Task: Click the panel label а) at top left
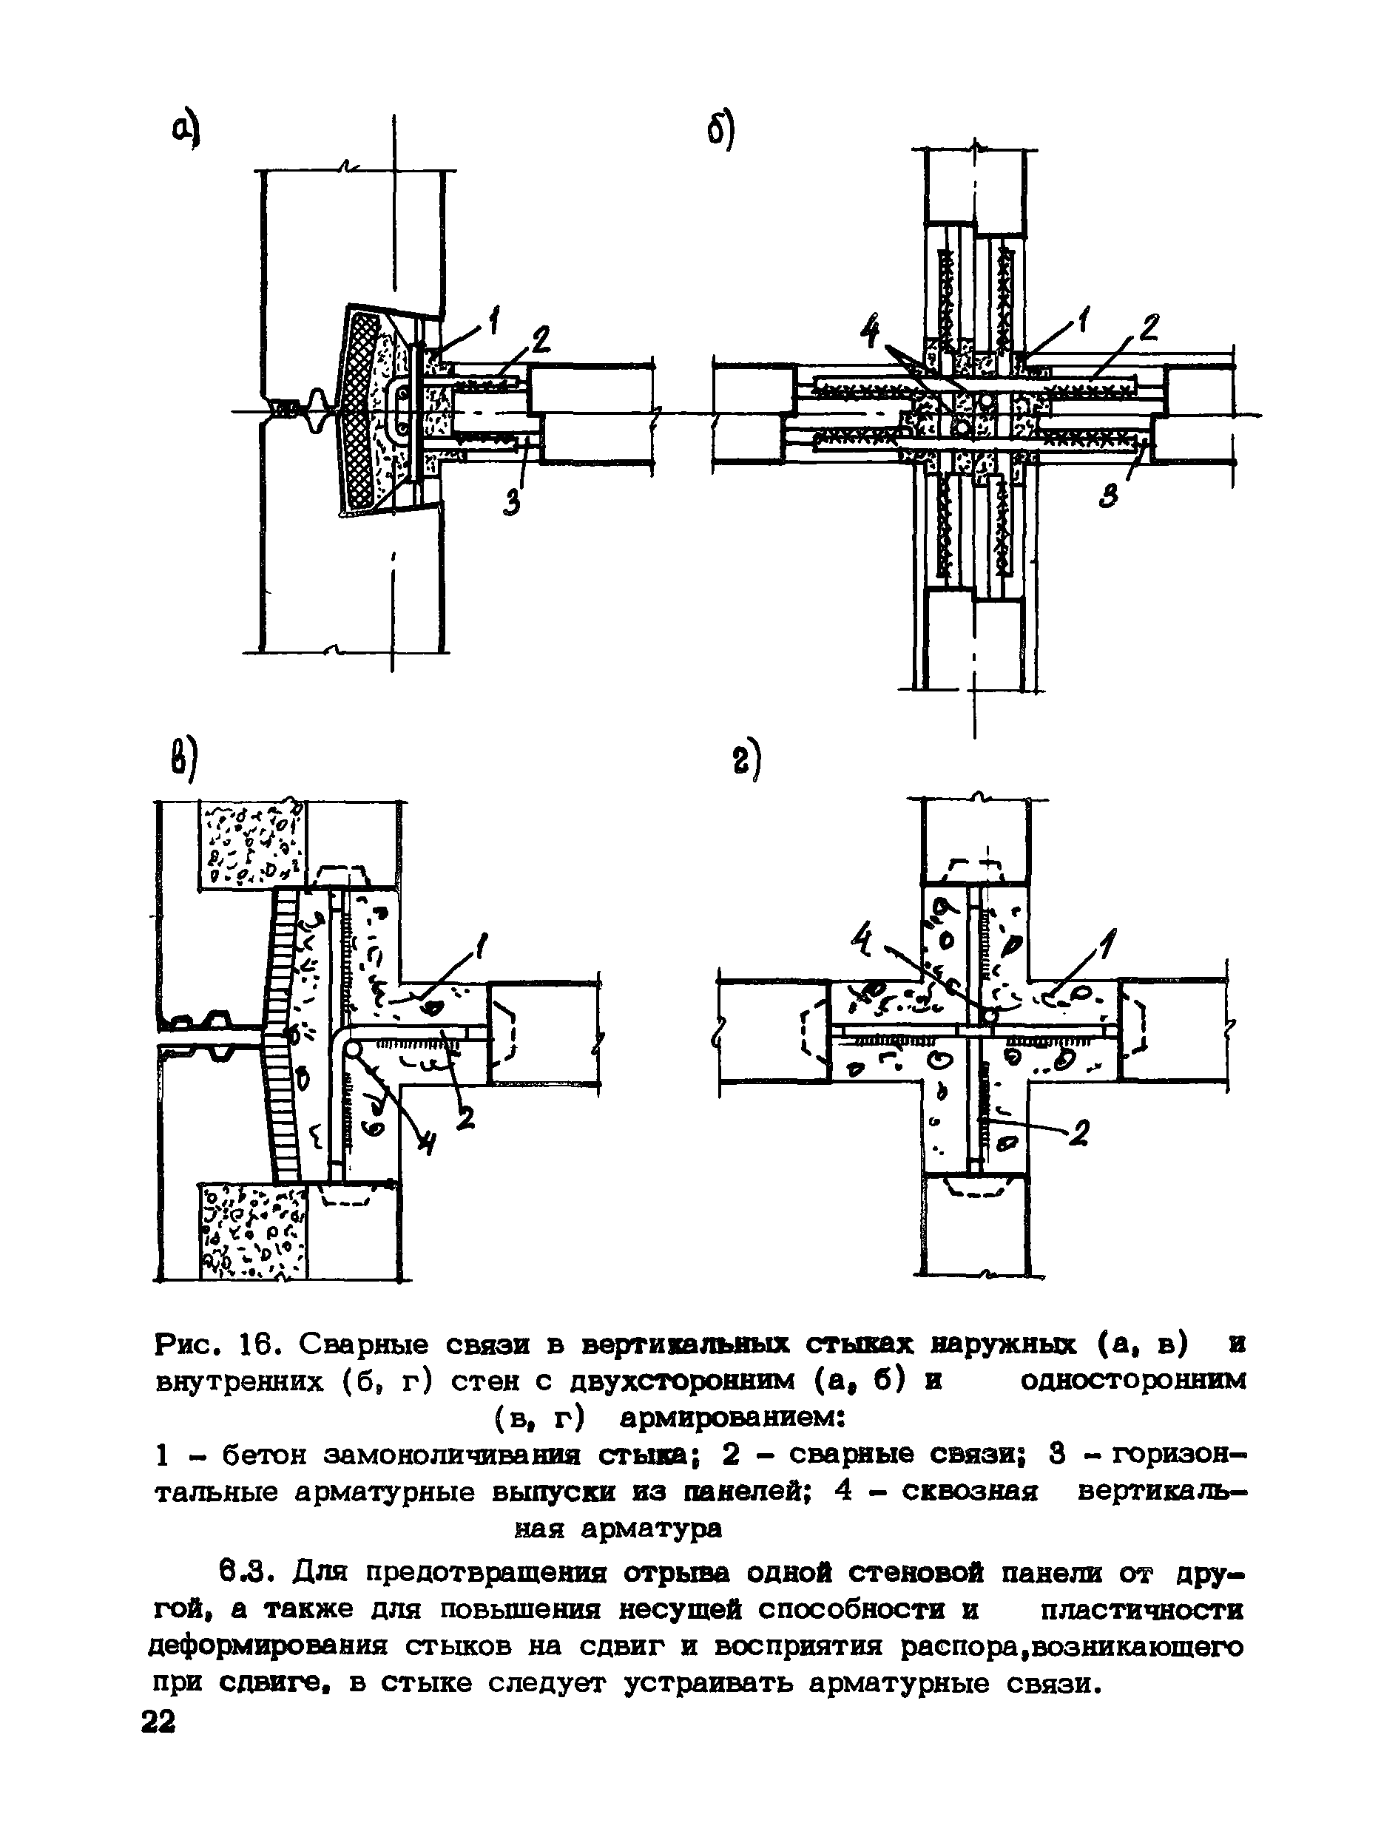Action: click(186, 131)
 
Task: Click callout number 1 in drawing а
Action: click(494, 320)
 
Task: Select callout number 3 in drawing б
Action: click(1110, 494)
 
